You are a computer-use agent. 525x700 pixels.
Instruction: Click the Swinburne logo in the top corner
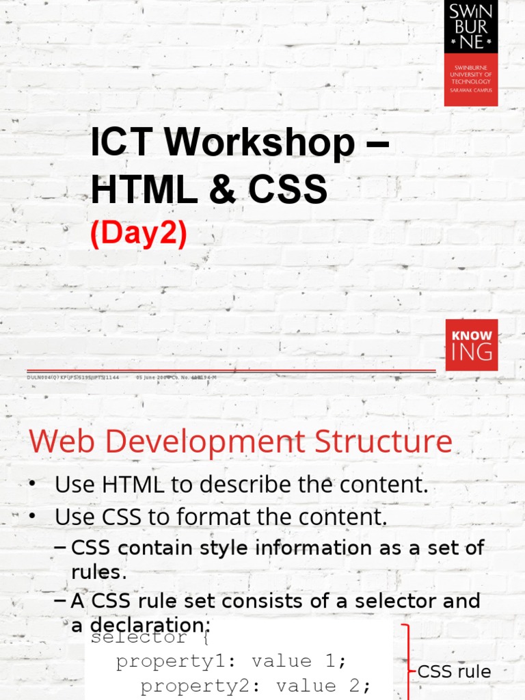[x=471, y=53]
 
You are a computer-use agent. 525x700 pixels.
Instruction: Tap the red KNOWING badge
[x=471, y=345]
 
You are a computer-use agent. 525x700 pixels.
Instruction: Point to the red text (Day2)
[x=139, y=234]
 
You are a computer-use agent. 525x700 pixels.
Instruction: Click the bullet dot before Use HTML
[x=32, y=485]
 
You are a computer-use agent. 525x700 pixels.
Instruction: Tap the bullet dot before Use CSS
[x=32, y=517]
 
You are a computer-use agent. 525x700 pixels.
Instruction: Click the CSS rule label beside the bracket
[x=455, y=671]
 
